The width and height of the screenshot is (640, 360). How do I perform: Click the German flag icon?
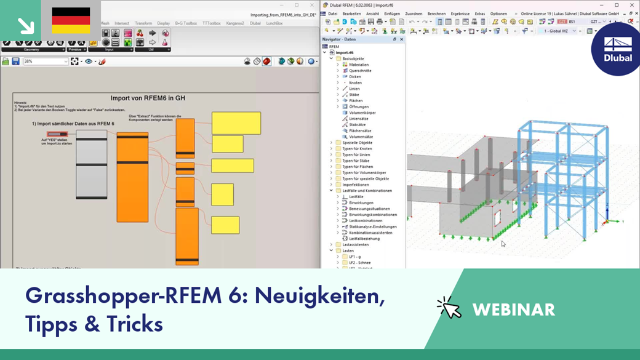[71, 20]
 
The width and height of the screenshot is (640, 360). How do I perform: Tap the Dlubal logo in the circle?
[618, 49]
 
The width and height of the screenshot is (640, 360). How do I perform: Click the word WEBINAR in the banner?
[513, 310]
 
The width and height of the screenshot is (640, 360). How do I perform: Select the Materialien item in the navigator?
[359, 65]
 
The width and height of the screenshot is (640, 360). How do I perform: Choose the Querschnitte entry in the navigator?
[360, 71]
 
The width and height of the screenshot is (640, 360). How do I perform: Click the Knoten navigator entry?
[355, 82]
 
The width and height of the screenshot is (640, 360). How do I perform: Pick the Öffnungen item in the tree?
[359, 106]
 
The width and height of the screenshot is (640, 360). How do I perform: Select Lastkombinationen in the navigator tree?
[366, 220]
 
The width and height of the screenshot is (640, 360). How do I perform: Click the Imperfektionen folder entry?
[356, 185]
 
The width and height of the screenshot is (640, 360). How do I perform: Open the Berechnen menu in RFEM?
[436, 14]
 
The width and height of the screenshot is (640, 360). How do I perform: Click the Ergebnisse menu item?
[460, 14]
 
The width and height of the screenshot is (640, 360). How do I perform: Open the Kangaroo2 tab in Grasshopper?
[236, 23]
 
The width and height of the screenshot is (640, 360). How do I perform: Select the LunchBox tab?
[274, 23]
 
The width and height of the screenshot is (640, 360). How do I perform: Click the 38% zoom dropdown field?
[46, 62]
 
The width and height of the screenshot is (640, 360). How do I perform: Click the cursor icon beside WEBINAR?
[449, 308]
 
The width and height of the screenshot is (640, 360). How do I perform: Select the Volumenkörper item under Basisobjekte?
[362, 113]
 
